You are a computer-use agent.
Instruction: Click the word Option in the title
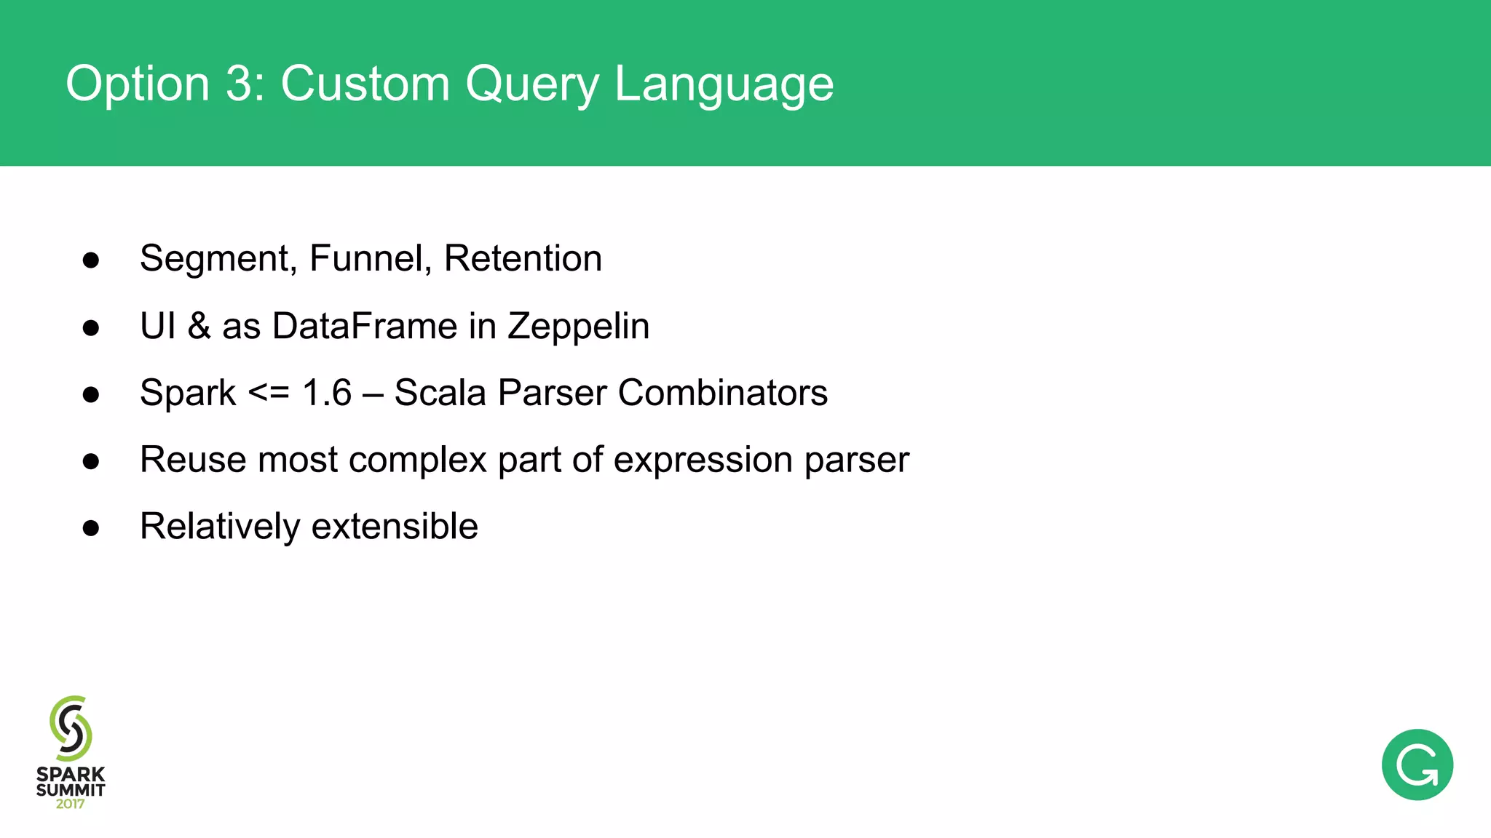[x=138, y=84]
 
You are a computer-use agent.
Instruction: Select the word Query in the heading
[x=531, y=84]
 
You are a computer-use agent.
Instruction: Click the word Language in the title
[x=724, y=84]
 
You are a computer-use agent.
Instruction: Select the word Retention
[x=523, y=258]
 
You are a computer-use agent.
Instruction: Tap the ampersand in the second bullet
[x=199, y=326]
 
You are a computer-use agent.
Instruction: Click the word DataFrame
[x=364, y=326]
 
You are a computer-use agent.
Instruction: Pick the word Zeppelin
[x=578, y=326]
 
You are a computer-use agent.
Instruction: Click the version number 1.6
[x=327, y=393]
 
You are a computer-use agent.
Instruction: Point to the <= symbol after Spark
[x=269, y=393]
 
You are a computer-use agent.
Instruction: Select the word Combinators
[x=722, y=393]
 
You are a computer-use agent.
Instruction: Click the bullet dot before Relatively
[x=91, y=527]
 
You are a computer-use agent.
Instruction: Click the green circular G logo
[x=1417, y=765]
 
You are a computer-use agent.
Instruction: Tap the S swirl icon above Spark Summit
[x=71, y=728]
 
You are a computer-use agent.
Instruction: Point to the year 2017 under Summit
[x=71, y=804]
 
